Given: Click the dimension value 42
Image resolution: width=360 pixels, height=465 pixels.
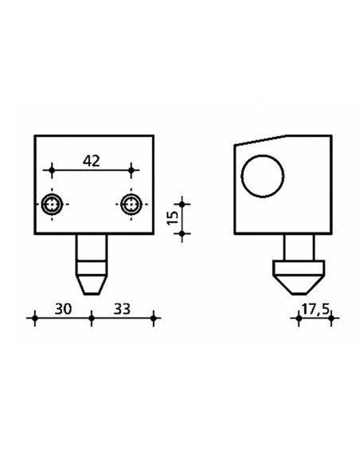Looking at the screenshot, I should click(92, 161).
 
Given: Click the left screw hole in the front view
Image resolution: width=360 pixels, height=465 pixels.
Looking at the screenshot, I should click(53, 204).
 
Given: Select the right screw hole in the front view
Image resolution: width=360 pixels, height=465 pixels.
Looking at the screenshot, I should click(131, 204).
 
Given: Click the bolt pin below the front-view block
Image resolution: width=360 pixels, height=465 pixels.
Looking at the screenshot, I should click(92, 253).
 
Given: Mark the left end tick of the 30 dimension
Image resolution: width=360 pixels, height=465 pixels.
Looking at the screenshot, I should click(33, 319).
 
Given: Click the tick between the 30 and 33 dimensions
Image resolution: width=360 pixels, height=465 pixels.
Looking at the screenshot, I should click(92, 319).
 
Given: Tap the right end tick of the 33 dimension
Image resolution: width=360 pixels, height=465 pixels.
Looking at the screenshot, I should click(155, 319).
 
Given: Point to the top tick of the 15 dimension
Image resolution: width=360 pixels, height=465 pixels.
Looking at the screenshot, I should click(183, 204).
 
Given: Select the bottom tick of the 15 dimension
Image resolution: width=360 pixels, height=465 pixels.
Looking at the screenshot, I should click(183, 233).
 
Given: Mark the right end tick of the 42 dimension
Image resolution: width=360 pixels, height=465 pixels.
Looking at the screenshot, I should click(131, 170).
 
